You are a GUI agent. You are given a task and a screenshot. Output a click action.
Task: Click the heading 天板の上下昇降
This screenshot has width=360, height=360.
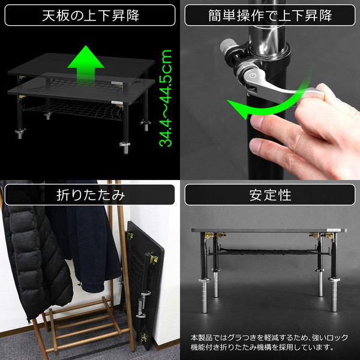click(90, 15)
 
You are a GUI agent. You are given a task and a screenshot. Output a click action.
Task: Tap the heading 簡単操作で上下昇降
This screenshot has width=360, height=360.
click(269, 15)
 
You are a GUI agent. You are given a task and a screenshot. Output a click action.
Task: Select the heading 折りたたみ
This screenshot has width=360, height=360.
click(90, 194)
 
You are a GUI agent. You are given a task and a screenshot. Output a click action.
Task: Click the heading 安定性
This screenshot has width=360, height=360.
click(269, 194)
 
